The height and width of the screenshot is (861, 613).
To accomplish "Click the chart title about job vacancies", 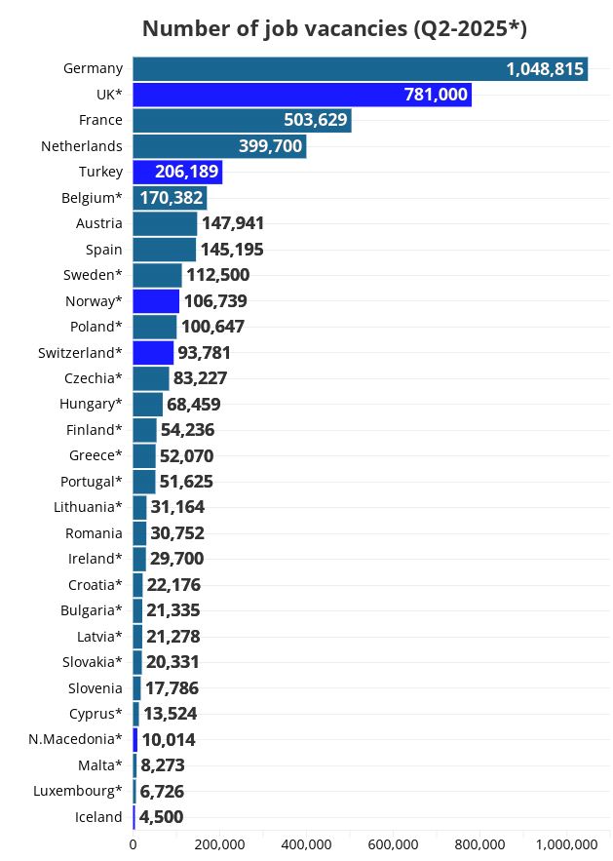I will coord(334,28).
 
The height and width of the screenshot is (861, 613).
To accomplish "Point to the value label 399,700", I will coord(270,146).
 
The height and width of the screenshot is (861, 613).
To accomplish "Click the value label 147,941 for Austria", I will coord(232,223).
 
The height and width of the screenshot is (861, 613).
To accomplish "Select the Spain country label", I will coord(103,250).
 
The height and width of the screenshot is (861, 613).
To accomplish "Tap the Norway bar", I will coord(156,300).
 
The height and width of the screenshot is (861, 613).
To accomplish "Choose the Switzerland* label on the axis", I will coord(80,352).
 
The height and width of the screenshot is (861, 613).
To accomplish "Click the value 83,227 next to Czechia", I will coord(201,378).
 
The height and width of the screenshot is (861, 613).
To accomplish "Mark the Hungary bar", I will coord(148,404).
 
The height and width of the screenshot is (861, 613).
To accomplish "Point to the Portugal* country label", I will coord(91,482).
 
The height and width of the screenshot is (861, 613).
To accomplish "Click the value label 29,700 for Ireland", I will coord(176,559).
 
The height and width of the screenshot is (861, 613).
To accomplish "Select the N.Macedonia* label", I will coord(75,739).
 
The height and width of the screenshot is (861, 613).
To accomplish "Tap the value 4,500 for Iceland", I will coord(161,817).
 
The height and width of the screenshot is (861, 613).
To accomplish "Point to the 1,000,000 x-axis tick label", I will coord(566,844).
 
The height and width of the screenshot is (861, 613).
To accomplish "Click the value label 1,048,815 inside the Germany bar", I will coord(544,68).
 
